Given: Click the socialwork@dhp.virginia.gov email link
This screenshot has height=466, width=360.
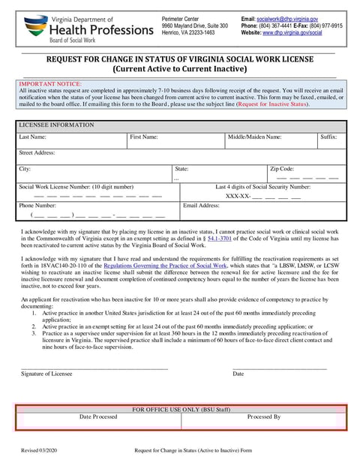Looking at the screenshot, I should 287,18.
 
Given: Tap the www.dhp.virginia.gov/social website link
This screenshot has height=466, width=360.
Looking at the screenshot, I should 292,33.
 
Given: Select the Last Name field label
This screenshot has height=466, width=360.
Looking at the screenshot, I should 32,137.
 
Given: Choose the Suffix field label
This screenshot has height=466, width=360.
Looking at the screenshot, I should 328,137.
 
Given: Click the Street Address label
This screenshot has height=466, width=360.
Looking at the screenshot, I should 37,152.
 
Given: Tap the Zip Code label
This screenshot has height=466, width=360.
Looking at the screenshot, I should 282,169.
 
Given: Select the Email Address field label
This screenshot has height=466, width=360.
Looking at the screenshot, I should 201,205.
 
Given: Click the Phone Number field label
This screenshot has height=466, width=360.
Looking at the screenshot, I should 37,205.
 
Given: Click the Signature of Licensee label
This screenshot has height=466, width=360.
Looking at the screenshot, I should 46,373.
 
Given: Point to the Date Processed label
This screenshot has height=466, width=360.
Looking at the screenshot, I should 98,416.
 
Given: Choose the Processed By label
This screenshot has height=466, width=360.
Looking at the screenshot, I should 264,416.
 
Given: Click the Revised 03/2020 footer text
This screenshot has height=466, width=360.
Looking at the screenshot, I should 38,450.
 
